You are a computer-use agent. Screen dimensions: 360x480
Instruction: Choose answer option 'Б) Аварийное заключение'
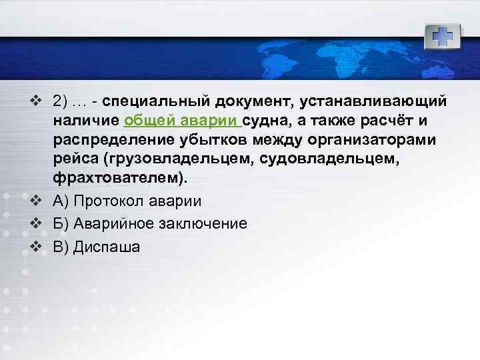click(150, 224)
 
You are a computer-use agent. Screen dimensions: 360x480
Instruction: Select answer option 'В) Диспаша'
click(97, 247)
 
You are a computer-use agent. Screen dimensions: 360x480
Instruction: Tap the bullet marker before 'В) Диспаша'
click(36, 246)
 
